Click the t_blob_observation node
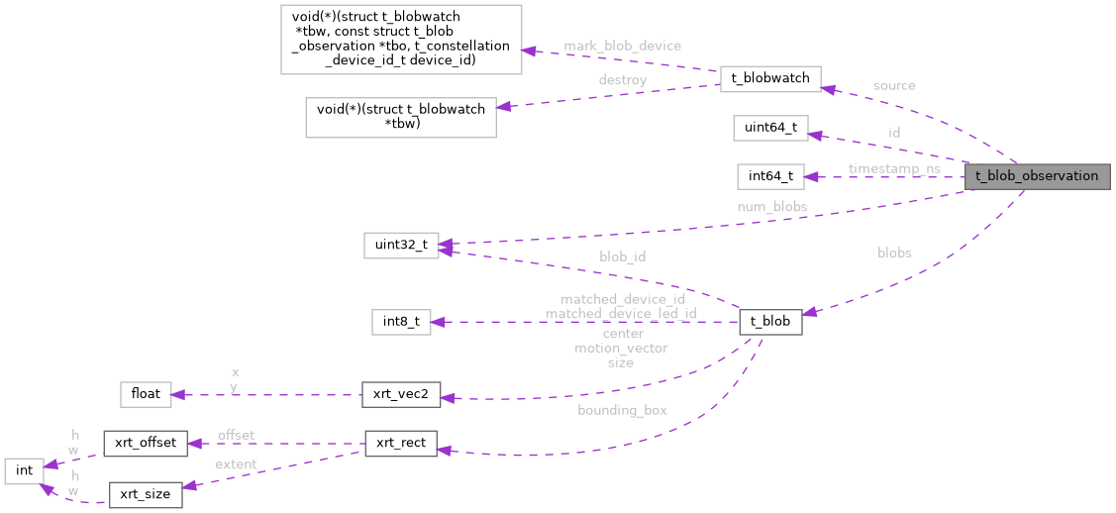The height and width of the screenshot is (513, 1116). coord(1037,176)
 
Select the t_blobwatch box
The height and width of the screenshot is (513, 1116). coord(770,78)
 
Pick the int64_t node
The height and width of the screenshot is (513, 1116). coord(770,177)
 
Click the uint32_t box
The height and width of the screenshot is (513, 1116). coord(400,246)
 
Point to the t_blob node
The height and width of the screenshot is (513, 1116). coord(770,321)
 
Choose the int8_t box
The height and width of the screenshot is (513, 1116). coord(400,321)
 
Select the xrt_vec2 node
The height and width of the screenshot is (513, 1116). coord(400,394)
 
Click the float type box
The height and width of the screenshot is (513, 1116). coord(145,394)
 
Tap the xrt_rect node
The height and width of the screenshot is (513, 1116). coord(400,444)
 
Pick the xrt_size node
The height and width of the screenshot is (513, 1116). coord(145,494)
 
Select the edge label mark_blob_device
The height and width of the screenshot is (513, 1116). coord(622,46)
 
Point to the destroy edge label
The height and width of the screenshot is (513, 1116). coord(622,80)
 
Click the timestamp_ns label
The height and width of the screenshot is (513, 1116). coord(893,168)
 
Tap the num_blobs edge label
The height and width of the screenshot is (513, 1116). coord(771,207)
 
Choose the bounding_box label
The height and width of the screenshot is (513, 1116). coord(622,410)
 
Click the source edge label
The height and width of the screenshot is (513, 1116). coord(893,86)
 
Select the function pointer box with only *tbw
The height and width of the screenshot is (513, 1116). coord(401,117)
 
